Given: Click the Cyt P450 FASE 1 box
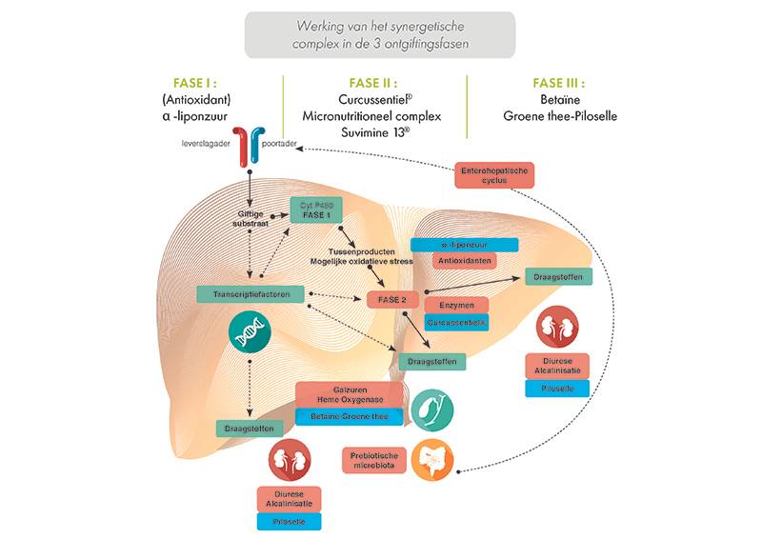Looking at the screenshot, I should pyautogui.click(x=315, y=210).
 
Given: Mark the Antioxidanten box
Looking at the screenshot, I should pyautogui.click(x=465, y=260).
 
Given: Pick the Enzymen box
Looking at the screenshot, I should pyautogui.click(x=456, y=306).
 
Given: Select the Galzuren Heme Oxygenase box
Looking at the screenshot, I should pyautogui.click(x=345, y=395).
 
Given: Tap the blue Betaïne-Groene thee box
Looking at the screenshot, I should pyautogui.click(x=345, y=416).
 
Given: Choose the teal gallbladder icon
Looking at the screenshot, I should pyautogui.click(x=431, y=409).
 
